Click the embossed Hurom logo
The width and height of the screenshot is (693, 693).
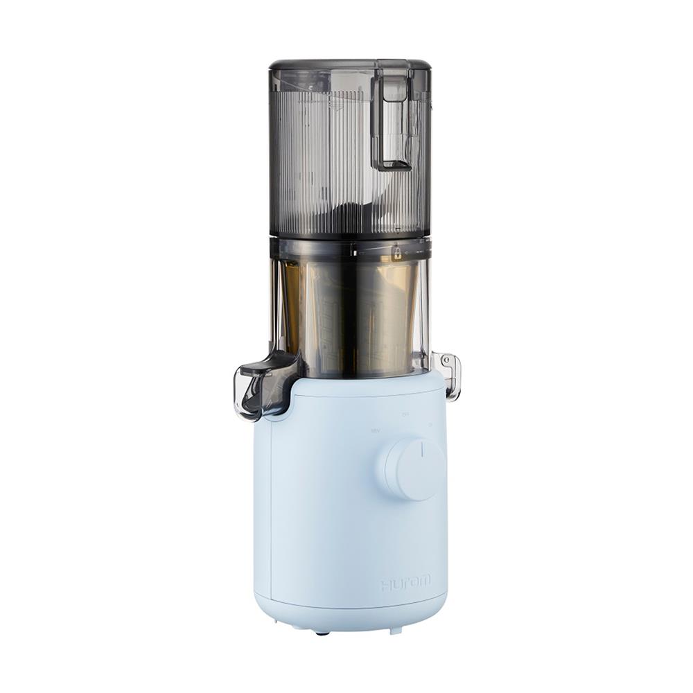pos(405,583)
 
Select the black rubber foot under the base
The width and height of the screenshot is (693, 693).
pos(320,632)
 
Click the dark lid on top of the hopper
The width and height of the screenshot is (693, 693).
pos(349,66)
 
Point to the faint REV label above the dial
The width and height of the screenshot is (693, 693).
pos(375,430)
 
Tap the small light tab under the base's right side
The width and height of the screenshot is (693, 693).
pos(394,631)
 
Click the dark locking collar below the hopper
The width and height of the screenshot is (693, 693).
pos(350,248)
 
